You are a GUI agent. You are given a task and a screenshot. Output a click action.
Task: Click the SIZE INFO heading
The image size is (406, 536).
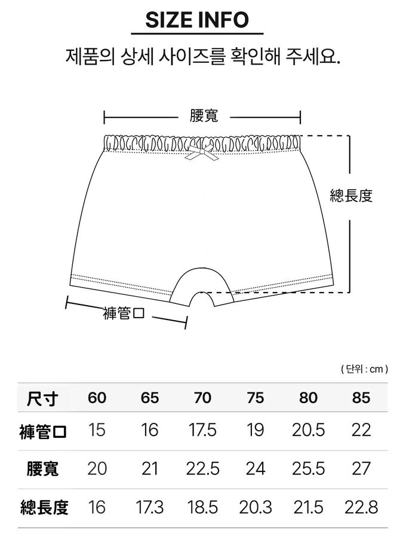(197, 20)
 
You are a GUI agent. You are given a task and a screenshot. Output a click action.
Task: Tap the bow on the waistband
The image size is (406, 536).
(202, 152)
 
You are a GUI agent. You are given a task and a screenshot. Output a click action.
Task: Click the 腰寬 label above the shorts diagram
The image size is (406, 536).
(204, 116)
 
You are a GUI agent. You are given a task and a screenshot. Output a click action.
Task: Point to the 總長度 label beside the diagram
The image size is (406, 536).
(350, 196)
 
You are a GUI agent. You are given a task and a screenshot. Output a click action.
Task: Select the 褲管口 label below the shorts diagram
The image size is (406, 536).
(124, 313)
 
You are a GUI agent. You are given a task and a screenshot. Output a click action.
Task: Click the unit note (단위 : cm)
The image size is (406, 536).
(364, 369)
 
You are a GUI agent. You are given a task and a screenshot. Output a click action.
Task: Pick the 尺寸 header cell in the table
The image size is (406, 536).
(42, 398)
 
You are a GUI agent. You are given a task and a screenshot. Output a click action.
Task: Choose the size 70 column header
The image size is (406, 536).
(202, 398)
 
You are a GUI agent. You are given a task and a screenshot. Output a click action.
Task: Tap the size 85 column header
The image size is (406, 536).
(361, 398)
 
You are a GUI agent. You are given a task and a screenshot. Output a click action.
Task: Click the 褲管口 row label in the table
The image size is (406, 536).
(43, 431)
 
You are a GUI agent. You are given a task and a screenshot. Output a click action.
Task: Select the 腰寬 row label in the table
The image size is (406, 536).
(42, 469)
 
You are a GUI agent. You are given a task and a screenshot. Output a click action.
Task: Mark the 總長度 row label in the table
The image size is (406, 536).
(44, 507)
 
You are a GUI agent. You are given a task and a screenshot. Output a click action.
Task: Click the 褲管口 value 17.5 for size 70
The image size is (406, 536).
(202, 430)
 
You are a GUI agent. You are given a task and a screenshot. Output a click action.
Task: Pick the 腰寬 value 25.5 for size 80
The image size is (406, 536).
(309, 468)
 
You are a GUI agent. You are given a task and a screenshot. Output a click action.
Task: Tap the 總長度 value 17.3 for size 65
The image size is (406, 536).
(150, 507)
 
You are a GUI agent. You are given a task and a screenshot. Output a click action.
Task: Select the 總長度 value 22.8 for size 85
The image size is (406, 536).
(361, 507)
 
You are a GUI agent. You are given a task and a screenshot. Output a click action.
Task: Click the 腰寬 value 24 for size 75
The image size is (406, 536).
(256, 468)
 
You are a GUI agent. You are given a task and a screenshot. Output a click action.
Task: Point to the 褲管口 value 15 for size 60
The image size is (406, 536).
(97, 430)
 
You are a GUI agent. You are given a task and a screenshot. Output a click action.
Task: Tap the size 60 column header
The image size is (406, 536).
(97, 398)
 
